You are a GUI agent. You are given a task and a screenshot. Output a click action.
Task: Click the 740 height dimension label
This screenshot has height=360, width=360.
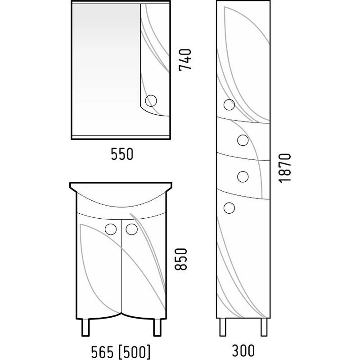tap(185, 60)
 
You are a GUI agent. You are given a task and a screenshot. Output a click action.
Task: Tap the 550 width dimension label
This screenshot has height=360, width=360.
tap(122, 154)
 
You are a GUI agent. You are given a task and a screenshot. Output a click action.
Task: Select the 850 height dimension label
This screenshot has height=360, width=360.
tap(181, 259)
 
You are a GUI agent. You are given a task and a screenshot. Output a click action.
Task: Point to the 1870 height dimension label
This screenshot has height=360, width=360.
tap(285, 168)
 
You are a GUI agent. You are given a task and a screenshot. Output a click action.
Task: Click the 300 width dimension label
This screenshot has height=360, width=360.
tap(243, 351)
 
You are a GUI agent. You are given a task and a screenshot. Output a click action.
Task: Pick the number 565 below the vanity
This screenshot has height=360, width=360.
tap(102, 352)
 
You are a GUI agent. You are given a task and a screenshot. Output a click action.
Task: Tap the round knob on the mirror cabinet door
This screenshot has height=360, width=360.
tap(151, 100)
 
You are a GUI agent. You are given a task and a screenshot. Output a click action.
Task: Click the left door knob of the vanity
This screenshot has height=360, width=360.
tap(110, 229)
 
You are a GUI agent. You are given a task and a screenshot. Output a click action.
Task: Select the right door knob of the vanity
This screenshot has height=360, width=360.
tap(131, 229)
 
